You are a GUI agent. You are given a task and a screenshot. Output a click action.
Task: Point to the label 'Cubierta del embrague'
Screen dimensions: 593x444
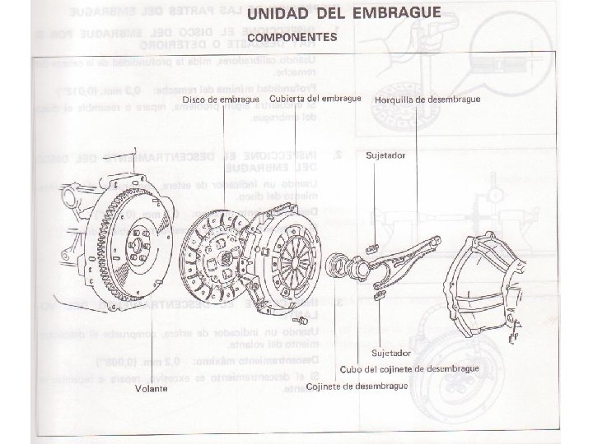(x=315, y=99)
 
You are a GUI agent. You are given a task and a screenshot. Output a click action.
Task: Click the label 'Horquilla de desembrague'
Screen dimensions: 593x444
(x=427, y=100)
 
